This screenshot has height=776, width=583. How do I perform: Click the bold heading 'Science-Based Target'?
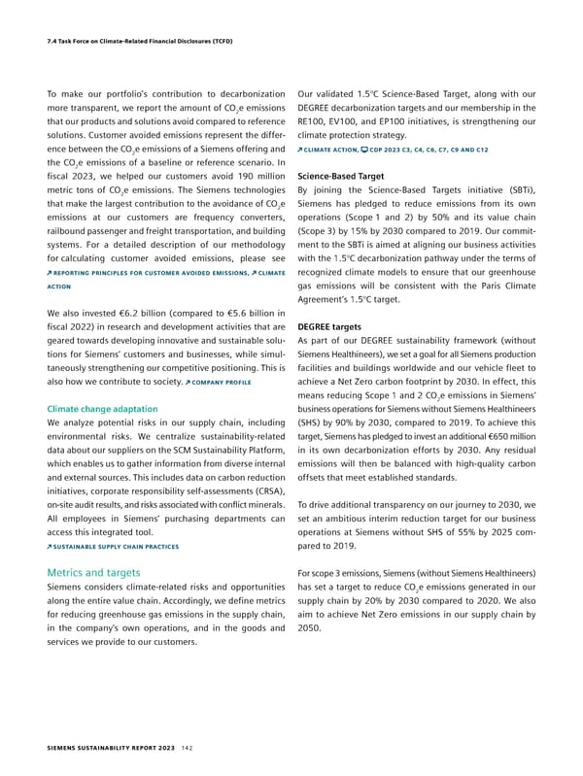[x=342, y=177]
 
